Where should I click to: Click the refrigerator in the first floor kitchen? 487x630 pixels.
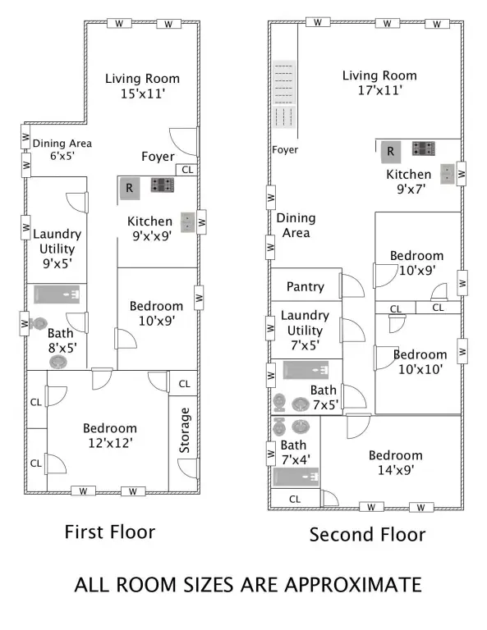point(130,188)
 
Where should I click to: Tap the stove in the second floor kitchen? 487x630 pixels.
point(423,148)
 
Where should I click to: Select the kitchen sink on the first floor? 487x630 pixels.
point(187,222)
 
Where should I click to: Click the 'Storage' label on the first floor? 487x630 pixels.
point(184,431)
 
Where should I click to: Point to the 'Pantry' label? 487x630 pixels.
point(306,286)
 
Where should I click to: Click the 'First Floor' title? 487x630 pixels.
point(110,532)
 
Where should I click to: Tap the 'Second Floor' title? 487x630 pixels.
point(367,535)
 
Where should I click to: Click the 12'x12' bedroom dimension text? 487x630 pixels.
point(110,443)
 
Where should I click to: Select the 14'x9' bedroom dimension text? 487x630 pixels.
point(396,470)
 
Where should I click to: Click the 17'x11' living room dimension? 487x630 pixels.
point(380,90)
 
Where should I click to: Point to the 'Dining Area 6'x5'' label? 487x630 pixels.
point(62,149)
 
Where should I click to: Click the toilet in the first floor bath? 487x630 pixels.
point(38,323)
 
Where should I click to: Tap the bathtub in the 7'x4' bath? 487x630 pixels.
point(296,477)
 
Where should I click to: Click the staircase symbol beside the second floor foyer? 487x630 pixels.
point(285,94)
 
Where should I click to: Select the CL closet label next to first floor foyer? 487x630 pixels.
point(187,170)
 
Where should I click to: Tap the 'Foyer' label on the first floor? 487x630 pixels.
point(158,157)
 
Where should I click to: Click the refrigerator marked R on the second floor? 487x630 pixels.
point(390,152)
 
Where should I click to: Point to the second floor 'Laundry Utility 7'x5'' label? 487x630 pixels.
point(305,330)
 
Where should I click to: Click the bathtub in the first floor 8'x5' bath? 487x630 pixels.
point(57,294)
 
